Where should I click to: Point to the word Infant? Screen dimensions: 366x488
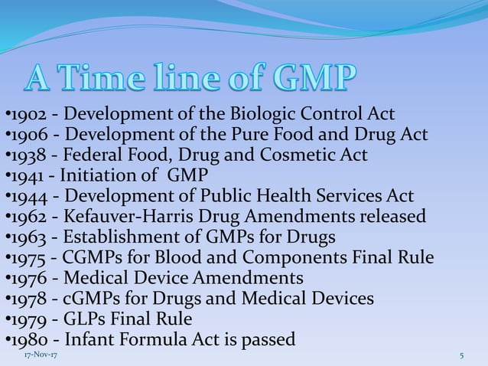[90, 339]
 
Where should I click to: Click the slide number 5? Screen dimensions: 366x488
[462, 356]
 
